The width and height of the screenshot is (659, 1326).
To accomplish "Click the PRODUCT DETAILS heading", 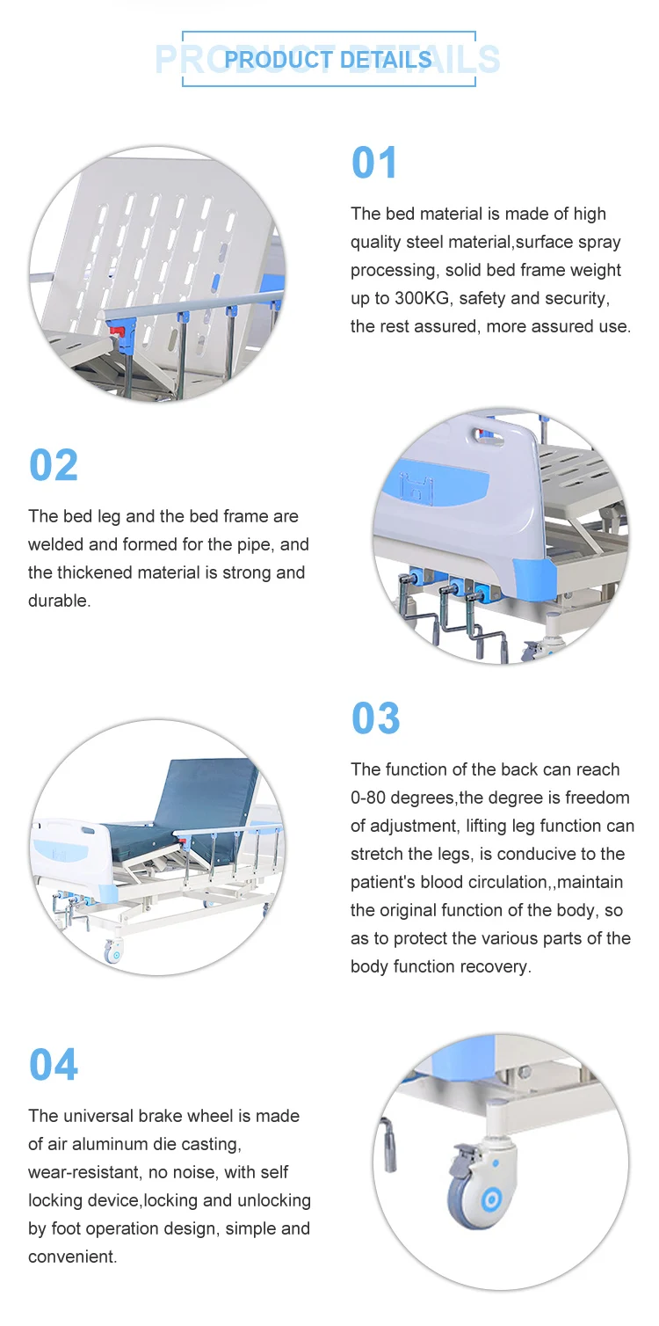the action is coord(329,60).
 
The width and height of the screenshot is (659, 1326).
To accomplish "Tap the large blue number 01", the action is coord(373,163).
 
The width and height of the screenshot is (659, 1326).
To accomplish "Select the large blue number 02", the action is coord(54,465).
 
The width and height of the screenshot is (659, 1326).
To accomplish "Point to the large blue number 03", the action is coord(376,718).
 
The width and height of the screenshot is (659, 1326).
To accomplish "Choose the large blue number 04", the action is coord(54,1064).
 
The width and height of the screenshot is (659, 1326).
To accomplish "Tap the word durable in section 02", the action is coord(59,601).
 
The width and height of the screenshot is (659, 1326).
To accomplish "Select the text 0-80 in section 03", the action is coord(368,798).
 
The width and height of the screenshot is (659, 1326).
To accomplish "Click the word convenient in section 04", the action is coord(72,1257).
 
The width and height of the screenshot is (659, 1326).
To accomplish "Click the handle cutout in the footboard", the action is coord(488,438).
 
